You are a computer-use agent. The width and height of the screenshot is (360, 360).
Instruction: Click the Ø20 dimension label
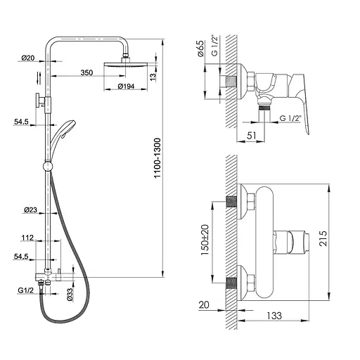28,58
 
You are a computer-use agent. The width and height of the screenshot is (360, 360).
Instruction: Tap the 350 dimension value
86,72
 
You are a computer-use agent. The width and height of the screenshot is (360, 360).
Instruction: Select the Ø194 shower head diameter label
126,86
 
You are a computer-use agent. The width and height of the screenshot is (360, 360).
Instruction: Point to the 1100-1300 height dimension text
157,158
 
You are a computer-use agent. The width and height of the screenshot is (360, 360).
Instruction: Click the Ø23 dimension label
30,210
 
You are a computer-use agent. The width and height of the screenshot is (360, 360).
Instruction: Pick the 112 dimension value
27,238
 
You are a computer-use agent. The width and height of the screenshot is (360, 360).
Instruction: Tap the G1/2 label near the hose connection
25,290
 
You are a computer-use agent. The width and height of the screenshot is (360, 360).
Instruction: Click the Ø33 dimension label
70,295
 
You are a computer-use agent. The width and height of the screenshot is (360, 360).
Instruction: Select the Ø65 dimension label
200,49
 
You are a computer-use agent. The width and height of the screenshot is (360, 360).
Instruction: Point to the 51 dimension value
251,136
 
